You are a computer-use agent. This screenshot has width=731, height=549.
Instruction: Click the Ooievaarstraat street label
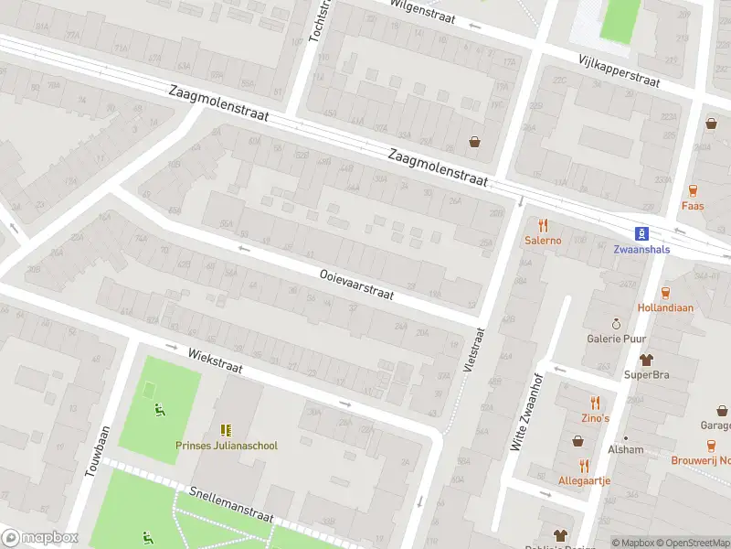[356, 284]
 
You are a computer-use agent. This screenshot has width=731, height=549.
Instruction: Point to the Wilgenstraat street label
[422, 13]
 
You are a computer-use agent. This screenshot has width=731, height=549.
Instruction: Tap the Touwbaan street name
[95, 452]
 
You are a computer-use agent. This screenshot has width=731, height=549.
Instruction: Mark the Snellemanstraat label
[232, 504]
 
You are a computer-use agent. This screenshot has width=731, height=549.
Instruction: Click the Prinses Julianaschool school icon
[225, 429]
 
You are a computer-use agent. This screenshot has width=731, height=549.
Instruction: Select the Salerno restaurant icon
[543, 224]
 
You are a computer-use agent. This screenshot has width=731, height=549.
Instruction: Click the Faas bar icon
[692, 190]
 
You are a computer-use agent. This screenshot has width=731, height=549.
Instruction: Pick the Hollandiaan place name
[665, 308]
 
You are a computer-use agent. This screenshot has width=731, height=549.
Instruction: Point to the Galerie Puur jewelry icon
[616, 323]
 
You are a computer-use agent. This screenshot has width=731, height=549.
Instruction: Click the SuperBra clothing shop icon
[647, 359]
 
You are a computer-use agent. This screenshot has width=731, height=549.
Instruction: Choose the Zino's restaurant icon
[595, 402]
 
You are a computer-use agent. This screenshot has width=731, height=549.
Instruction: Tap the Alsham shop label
[627, 449]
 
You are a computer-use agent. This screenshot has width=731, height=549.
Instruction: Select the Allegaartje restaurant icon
[584, 465]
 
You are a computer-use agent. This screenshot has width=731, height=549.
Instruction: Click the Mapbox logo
[40, 538]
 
